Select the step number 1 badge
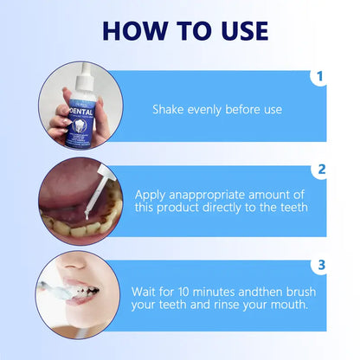coord(319,77)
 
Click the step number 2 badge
coord(319,170)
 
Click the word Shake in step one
coord(168,110)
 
